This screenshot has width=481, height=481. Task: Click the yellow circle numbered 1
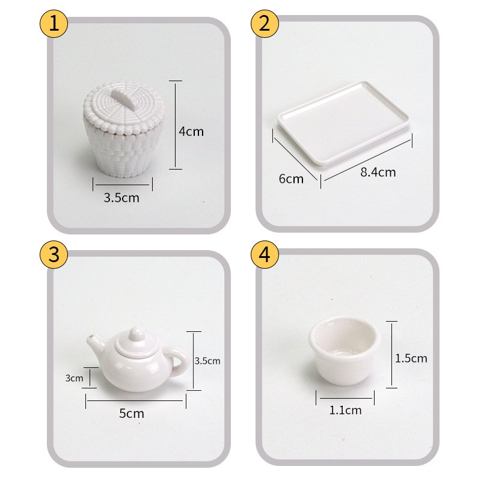pyautogui.click(x=54, y=23)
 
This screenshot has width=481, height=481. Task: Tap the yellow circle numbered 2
pyautogui.click(x=265, y=23)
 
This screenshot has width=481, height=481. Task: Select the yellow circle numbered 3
pyautogui.click(x=54, y=254)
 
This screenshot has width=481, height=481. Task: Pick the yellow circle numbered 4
pyautogui.click(x=265, y=254)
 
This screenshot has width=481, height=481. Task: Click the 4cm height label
pyautogui.click(x=191, y=132)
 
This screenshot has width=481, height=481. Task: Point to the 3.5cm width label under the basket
pyautogui.click(x=121, y=198)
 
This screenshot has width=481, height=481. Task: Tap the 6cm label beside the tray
pyautogui.click(x=291, y=179)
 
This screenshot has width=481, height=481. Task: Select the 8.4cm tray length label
pyautogui.click(x=378, y=172)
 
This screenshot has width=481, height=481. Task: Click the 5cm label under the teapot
pyautogui.click(x=132, y=414)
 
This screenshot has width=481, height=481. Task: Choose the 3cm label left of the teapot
pyautogui.click(x=74, y=378)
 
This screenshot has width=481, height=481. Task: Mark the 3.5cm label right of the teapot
pyautogui.click(x=207, y=361)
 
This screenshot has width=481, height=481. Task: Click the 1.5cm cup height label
pyautogui.click(x=411, y=358)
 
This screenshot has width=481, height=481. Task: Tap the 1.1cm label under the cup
pyautogui.click(x=345, y=410)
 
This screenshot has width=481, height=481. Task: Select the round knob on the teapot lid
pyautogui.click(x=136, y=334)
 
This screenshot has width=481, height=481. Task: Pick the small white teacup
pyautogui.click(x=344, y=351)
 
